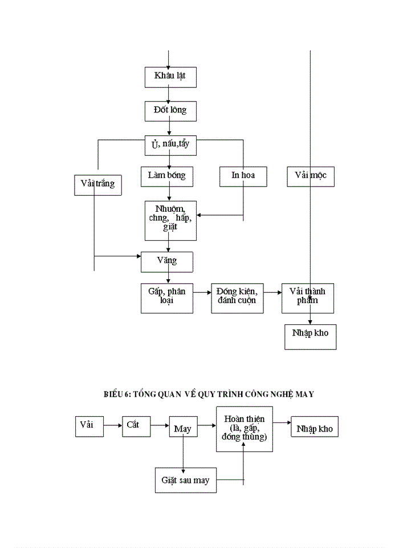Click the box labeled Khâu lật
click(x=170, y=76)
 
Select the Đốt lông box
click(x=170, y=110)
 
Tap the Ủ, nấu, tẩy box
click(x=170, y=144)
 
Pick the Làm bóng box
click(x=166, y=176)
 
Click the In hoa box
click(x=243, y=176)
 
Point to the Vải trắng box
click(x=97, y=184)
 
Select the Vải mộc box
click(x=310, y=176)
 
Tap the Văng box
click(x=166, y=262)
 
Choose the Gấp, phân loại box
click(x=166, y=297)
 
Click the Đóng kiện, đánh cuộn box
click(x=237, y=297)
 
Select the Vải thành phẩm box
click(x=307, y=297)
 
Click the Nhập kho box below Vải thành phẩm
click(x=310, y=336)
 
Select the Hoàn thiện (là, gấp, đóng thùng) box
click(x=244, y=429)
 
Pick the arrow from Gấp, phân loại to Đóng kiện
click(x=202, y=292)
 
